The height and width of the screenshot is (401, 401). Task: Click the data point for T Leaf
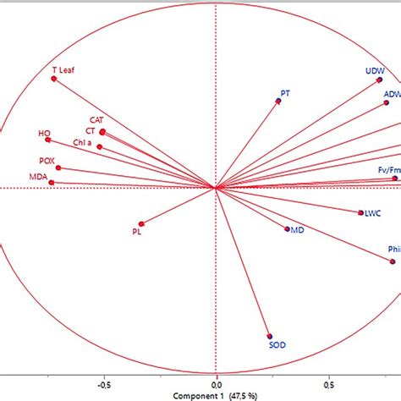click(53, 79)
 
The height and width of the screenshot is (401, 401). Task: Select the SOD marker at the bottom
click(270, 335)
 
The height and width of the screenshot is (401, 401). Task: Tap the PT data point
click(278, 101)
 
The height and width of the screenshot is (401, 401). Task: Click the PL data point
click(141, 223)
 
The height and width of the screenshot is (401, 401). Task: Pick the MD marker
click(288, 228)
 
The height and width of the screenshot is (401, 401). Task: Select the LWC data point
click(360, 211)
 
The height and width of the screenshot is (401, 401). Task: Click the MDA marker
click(52, 182)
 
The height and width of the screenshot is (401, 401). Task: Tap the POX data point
click(58, 168)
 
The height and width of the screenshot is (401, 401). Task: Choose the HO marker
click(48, 140)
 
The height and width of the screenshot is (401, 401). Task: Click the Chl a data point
click(100, 146)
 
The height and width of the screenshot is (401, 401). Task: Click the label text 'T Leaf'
click(64, 69)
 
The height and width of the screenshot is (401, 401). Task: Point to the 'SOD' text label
click(277, 345)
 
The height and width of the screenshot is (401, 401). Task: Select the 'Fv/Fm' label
click(388, 170)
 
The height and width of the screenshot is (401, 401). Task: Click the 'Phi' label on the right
click(393, 250)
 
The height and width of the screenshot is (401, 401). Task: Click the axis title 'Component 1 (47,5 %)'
click(217, 395)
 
